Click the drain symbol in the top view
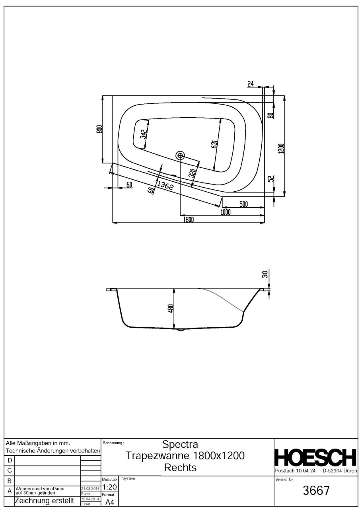pos(180,155)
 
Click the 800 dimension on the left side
pos(99,129)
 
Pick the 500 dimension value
pos(243,204)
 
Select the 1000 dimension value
pos(226,212)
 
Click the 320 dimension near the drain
pos(192,174)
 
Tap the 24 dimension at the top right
pos(251,84)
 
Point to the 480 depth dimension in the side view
pos(171,308)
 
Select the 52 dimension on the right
pos(270,179)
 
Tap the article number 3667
pos(316,491)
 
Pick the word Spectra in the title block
pos(181,444)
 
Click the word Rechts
pos(181,468)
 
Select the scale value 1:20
pos(109,487)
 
